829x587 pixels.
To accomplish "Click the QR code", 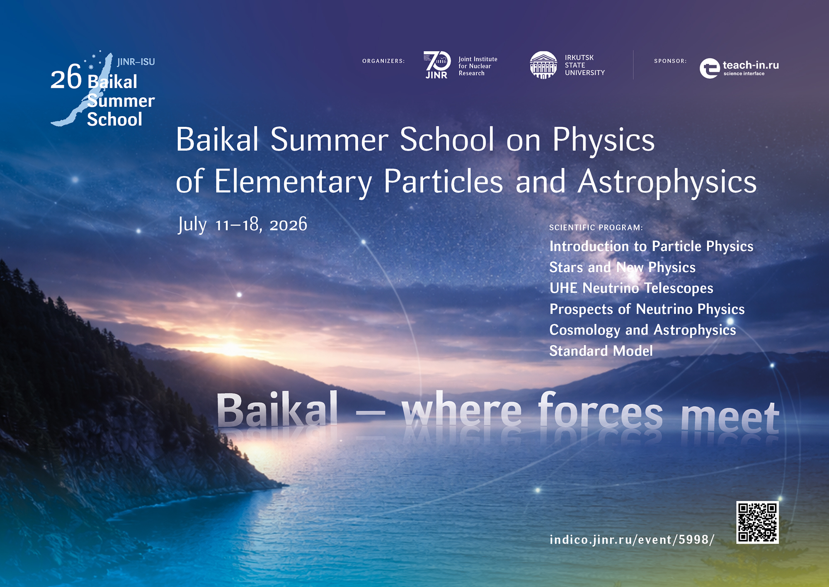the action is pos(757,522).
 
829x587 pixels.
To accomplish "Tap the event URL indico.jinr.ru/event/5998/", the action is pos(632,540).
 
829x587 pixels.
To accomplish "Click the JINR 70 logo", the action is pos(437,65).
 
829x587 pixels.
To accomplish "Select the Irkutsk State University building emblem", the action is pos(543,65).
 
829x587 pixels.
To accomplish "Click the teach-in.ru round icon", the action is pos(710,68).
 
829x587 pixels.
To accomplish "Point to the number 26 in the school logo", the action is pos(66,78).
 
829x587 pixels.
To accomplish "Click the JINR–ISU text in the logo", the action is pos(136,62).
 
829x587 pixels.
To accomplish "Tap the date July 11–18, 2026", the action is pos(242,224).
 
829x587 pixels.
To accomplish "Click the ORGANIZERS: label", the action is pos(383,61).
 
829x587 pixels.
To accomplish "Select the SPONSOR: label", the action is pos(670,61).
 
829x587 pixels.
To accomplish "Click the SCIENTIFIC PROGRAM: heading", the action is pos(596,227).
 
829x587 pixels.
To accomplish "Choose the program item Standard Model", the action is pos(601,351).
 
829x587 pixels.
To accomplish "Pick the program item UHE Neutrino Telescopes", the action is pos(631,288).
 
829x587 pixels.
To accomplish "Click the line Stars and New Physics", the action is pos(623,268).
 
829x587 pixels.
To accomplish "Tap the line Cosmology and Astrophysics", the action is pos(643,330).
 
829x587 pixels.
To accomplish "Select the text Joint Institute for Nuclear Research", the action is pos(478,66).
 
